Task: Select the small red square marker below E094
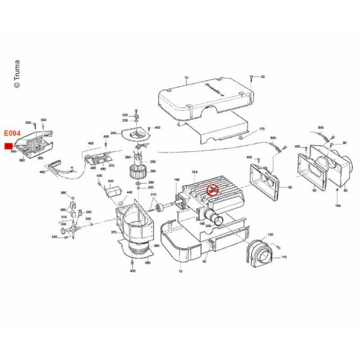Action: click(9, 147)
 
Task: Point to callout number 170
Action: click(261, 130)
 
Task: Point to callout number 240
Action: click(113, 133)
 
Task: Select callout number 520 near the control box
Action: click(28, 123)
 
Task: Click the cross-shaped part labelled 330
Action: click(65, 228)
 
